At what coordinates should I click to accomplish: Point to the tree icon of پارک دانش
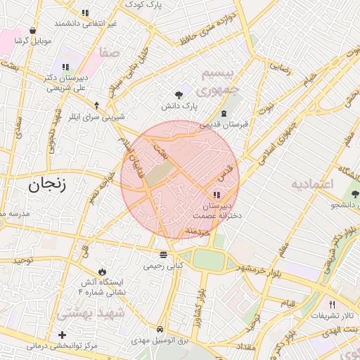click(179, 94)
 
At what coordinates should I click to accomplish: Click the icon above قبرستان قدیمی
click(224, 113)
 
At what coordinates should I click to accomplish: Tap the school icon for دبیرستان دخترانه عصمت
click(215, 195)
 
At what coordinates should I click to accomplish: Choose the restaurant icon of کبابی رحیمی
click(163, 255)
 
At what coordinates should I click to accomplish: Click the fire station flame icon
click(103, 271)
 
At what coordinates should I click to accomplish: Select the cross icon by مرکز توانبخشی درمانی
click(63, 335)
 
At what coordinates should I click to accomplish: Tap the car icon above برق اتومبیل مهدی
click(161, 329)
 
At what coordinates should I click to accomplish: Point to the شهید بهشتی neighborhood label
click(91, 311)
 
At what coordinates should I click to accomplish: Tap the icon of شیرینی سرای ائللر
click(97, 105)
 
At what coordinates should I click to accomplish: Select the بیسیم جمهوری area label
click(219, 82)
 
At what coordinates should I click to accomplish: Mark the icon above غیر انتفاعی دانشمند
click(85, 13)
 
